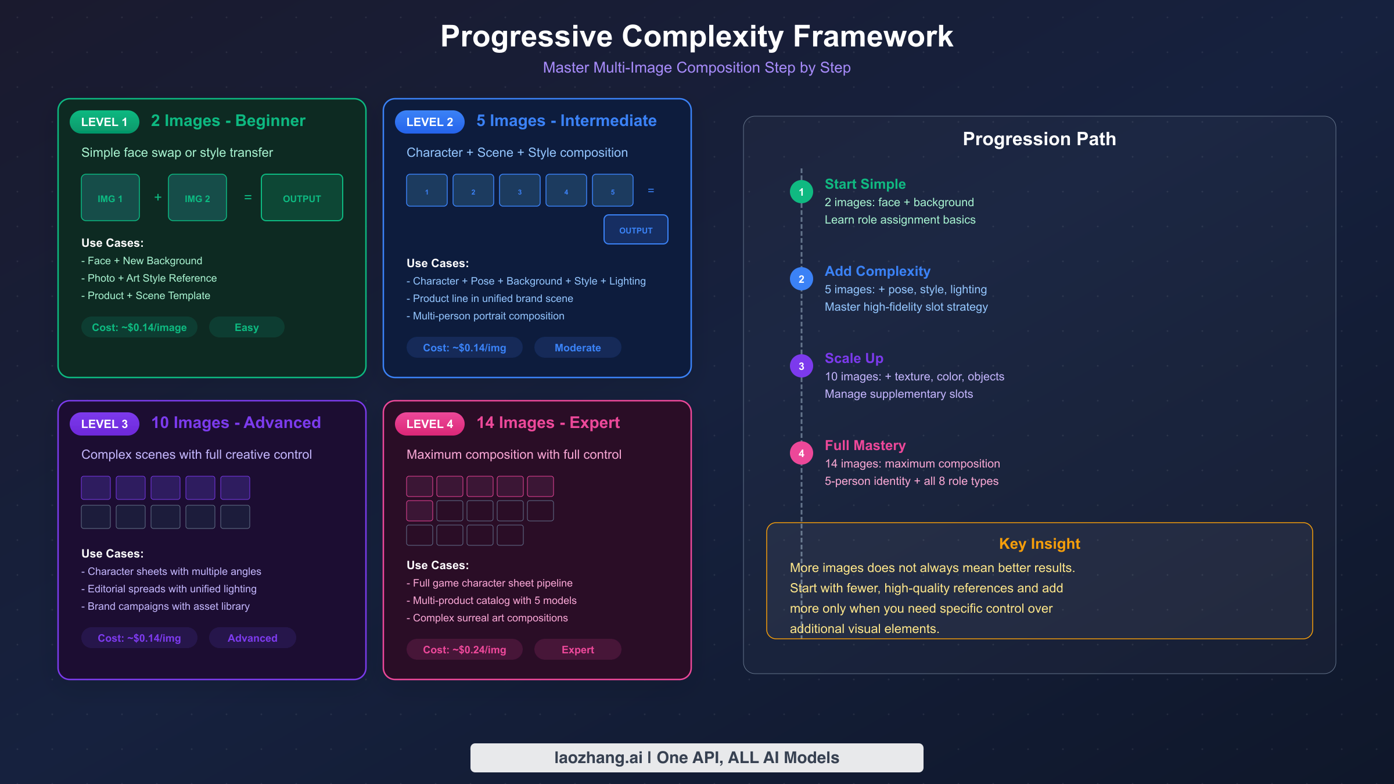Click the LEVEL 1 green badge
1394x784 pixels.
[x=105, y=122]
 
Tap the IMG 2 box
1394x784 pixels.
[x=197, y=198]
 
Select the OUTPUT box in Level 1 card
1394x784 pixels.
[x=302, y=198]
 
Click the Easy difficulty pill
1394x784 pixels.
[x=247, y=328]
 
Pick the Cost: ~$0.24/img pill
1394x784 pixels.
[x=465, y=650]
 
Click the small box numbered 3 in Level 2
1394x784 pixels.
[x=520, y=190]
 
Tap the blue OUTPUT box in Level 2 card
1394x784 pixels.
[x=636, y=230]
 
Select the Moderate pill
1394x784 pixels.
[x=578, y=348]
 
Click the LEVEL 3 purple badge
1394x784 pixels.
[x=105, y=424]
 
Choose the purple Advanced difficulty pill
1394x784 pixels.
[x=253, y=638]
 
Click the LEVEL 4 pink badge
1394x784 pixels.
[x=430, y=424]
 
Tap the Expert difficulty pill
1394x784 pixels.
[x=578, y=650]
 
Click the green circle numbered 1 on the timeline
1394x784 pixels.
[x=802, y=192]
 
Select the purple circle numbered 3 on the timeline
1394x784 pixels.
[x=802, y=366]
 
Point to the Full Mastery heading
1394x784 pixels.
[x=865, y=445]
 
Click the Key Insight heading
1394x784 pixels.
[x=1040, y=544]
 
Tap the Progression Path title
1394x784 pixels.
[x=1040, y=139]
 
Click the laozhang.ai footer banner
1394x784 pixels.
[x=697, y=758]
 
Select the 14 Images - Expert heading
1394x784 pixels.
[x=548, y=423]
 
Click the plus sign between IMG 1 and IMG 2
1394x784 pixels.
[x=158, y=197]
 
